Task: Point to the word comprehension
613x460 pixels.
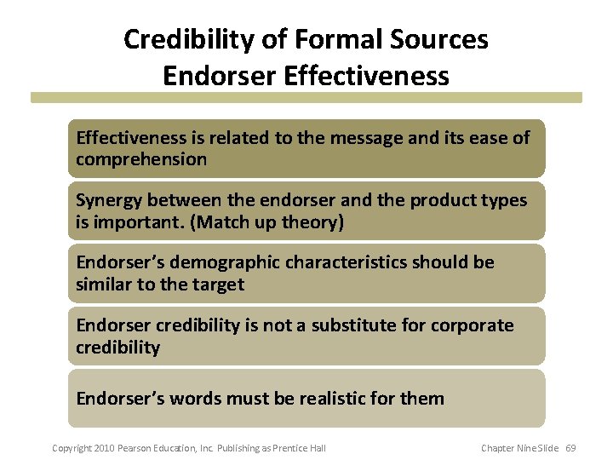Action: click(x=141, y=159)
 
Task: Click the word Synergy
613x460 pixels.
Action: click(x=109, y=200)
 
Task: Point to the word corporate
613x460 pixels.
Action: click(x=476, y=325)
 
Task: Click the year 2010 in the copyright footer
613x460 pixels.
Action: click(x=103, y=448)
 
